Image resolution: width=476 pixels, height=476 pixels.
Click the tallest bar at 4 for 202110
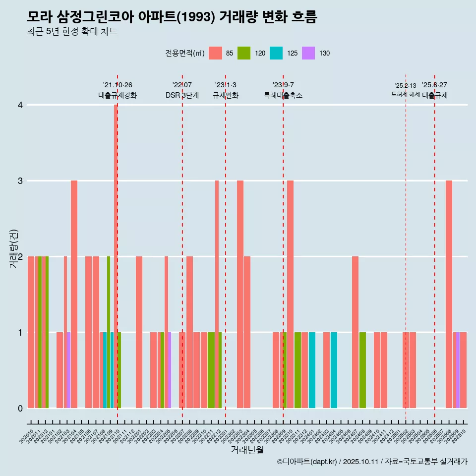tap(116, 255)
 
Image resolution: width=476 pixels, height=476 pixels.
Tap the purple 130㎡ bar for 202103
tap(68, 370)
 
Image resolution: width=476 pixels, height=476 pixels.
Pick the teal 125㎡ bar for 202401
tap(312, 370)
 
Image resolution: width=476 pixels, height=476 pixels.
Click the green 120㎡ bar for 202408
tap(362, 370)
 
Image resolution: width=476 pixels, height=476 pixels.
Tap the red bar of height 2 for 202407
tap(355, 332)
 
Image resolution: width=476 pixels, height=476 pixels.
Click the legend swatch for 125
tap(276, 53)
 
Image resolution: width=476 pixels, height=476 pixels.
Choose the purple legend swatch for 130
tap(308, 53)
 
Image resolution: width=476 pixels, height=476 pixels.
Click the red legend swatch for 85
tap(215, 53)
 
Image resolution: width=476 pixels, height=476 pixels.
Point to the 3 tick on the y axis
tap(20, 180)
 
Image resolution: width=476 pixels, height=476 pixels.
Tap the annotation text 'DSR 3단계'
tap(182, 95)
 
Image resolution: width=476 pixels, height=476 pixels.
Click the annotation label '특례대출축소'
tap(283, 95)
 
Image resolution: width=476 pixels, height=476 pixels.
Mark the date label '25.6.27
tap(434, 85)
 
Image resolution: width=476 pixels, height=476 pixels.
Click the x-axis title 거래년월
tap(247, 450)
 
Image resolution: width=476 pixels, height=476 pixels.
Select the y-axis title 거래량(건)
tap(14, 249)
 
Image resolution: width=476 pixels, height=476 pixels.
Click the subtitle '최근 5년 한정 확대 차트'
tap(72, 32)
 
